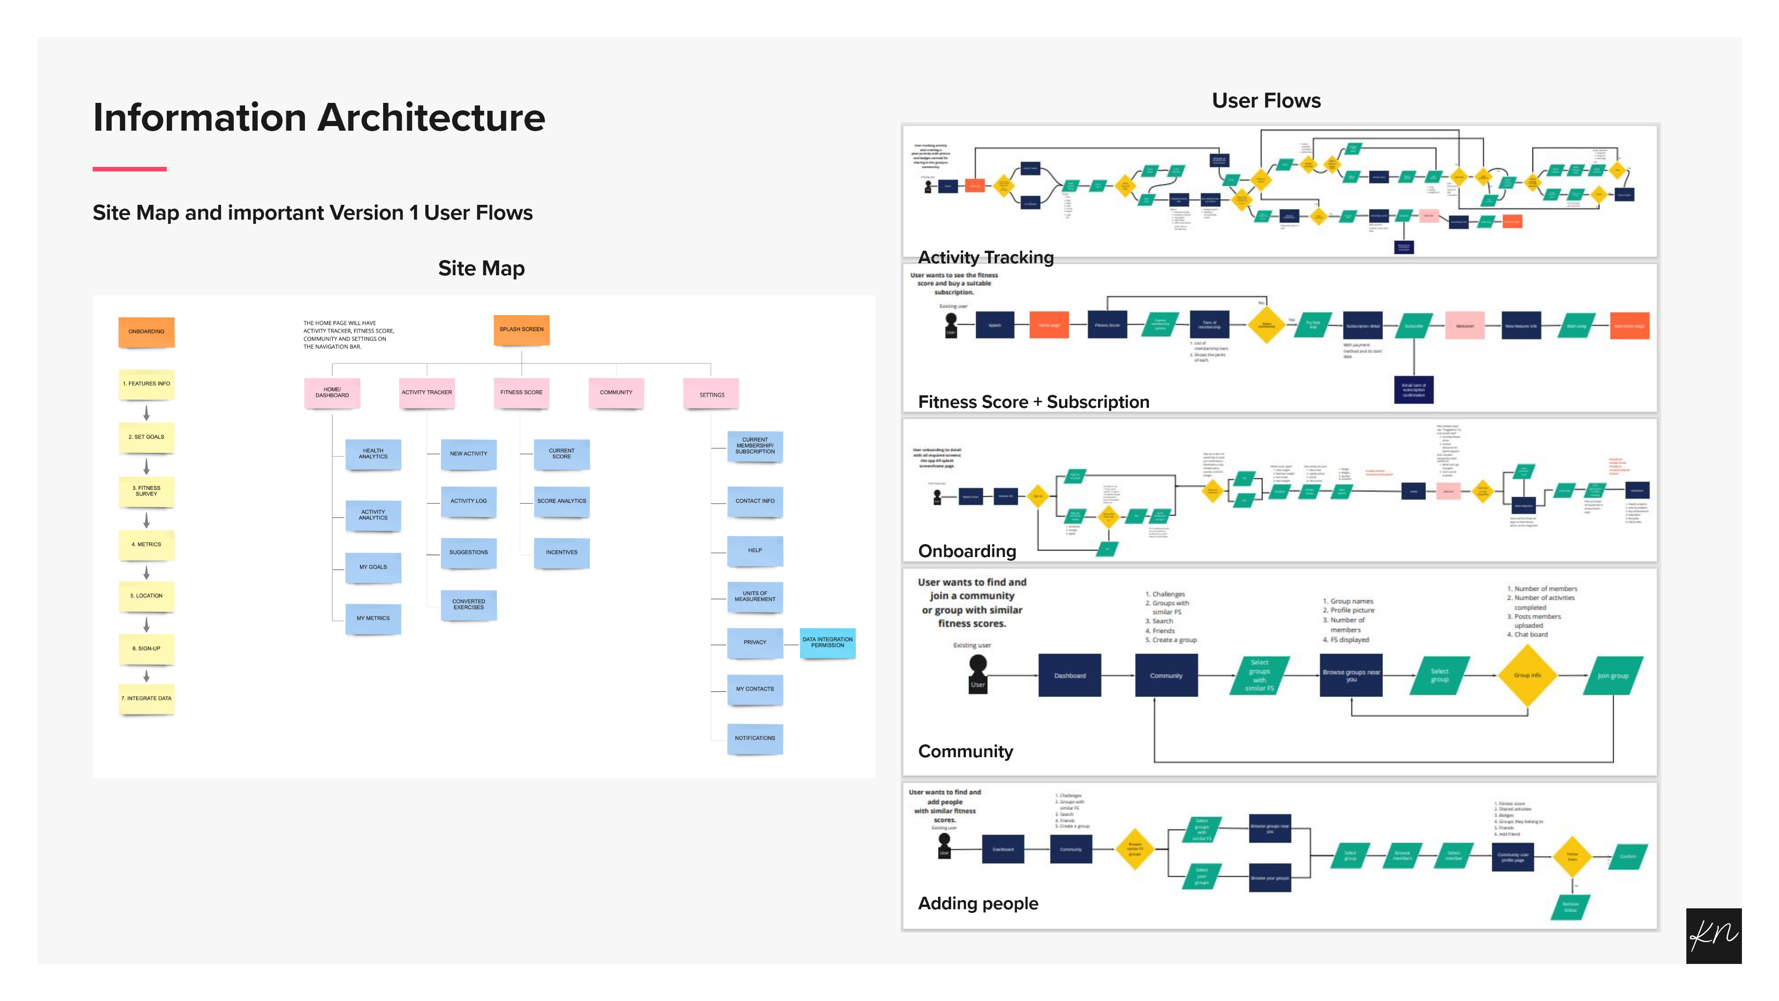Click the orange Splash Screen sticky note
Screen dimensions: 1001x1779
[x=521, y=329]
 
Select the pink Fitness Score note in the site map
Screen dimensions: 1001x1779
[x=521, y=393]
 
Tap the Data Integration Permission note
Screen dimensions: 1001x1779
[x=827, y=642]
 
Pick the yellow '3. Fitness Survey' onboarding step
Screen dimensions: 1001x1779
[x=146, y=491]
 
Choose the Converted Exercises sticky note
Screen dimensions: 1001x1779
[x=468, y=604]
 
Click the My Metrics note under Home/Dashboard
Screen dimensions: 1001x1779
[x=373, y=618]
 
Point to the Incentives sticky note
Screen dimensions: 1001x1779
[x=561, y=553]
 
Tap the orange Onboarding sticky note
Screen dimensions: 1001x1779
[x=146, y=332]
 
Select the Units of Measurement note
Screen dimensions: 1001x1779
[x=755, y=596]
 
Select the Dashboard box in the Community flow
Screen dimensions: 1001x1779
[x=1070, y=676]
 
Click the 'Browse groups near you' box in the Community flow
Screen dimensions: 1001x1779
[x=1351, y=676]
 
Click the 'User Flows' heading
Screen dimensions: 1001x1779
[x=1266, y=101]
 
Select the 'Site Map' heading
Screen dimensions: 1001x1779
[x=481, y=268]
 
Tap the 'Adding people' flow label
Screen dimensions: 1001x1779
[x=978, y=904]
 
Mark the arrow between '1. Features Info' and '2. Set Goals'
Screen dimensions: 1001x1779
[x=146, y=413]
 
